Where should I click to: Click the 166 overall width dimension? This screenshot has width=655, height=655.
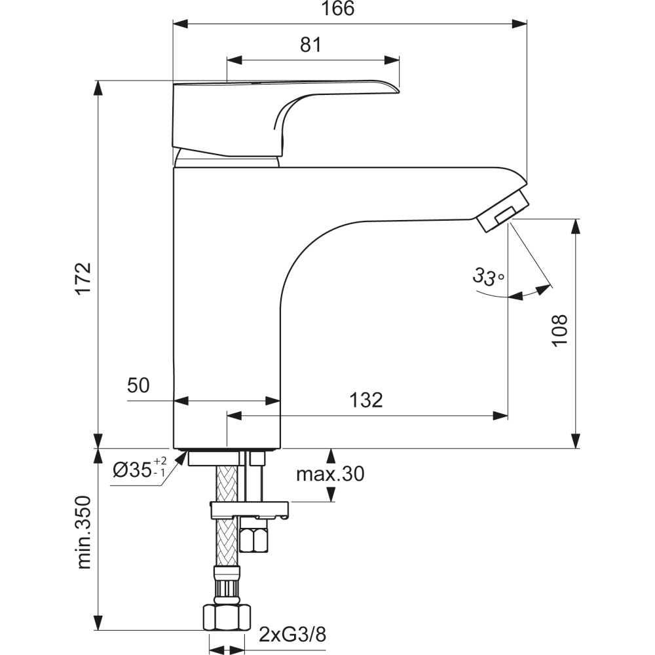pyautogui.click(x=338, y=9)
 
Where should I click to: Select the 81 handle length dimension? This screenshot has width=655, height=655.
pyautogui.click(x=310, y=45)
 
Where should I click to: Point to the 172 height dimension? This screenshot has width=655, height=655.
pyautogui.click(x=83, y=278)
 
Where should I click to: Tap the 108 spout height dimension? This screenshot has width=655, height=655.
pyautogui.click(x=559, y=330)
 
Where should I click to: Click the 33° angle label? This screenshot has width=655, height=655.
pyautogui.click(x=489, y=276)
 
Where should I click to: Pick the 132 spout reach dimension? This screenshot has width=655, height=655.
pyautogui.click(x=366, y=400)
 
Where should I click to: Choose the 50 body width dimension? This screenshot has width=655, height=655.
pyautogui.click(x=138, y=385)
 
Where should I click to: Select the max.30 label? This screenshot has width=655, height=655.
pyautogui.click(x=330, y=474)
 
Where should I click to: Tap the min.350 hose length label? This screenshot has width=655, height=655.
pyautogui.click(x=84, y=532)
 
